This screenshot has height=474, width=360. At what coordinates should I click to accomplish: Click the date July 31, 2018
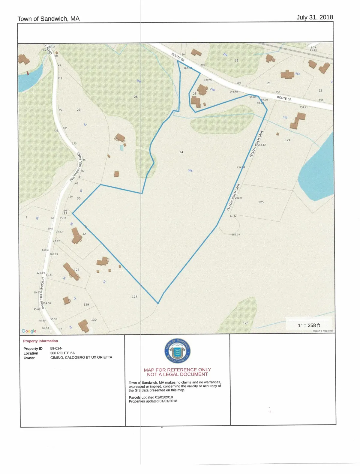pos(314,17)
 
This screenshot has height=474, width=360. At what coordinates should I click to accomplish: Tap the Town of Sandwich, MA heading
pos(49,19)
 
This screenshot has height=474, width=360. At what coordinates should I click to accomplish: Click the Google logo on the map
pos(29,331)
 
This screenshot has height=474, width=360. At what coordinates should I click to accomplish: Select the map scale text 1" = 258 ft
pos(309,325)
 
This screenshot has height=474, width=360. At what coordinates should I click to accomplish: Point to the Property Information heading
pos(40,341)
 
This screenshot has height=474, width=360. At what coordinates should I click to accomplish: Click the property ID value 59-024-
pos(56,349)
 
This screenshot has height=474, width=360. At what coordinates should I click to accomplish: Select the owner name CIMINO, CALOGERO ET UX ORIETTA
pos(81,358)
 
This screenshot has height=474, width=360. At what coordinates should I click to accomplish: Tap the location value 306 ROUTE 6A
pos(62,353)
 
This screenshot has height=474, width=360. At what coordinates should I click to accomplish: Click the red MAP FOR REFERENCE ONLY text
pos(177,370)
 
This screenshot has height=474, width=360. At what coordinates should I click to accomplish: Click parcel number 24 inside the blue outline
pos(181,152)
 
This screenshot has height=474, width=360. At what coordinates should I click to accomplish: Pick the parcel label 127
pos(134,297)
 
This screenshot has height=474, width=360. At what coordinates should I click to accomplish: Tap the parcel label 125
pos(261,202)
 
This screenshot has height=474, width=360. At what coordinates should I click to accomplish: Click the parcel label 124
pos(288,140)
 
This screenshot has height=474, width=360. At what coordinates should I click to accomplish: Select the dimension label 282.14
pos(236,235)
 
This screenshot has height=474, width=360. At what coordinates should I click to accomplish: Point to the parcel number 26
pos(136,97)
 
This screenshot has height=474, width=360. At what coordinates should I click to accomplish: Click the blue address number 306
pos(190,170)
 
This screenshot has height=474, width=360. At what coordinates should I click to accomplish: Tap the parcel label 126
pos(246,323)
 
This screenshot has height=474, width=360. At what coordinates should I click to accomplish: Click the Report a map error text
pos(323,331)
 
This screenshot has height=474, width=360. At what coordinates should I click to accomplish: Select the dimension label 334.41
pos(304,107)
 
